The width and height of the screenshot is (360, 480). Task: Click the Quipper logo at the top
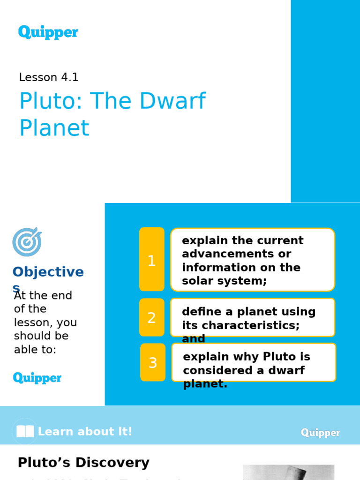(x=48, y=32)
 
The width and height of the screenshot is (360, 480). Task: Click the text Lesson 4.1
(x=49, y=77)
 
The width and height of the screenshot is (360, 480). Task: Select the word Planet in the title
(x=54, y=128)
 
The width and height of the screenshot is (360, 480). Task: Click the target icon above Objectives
(x=27, y=242)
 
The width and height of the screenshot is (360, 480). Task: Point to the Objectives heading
(x=48, y=272)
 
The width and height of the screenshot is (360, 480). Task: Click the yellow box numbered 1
(x=151, y=260)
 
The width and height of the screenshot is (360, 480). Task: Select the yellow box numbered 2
(x=151, y=317)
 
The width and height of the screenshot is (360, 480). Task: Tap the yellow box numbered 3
(x=152, y=362)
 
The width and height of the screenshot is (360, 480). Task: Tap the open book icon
(x=24, y=432)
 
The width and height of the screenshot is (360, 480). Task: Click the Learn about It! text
(x=85, y=432)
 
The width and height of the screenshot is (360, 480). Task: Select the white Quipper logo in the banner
(x=320, y=433)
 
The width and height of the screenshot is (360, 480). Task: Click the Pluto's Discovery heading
(x=83, y=463)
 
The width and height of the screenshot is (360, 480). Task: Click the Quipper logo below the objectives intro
(x=37, y=378)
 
